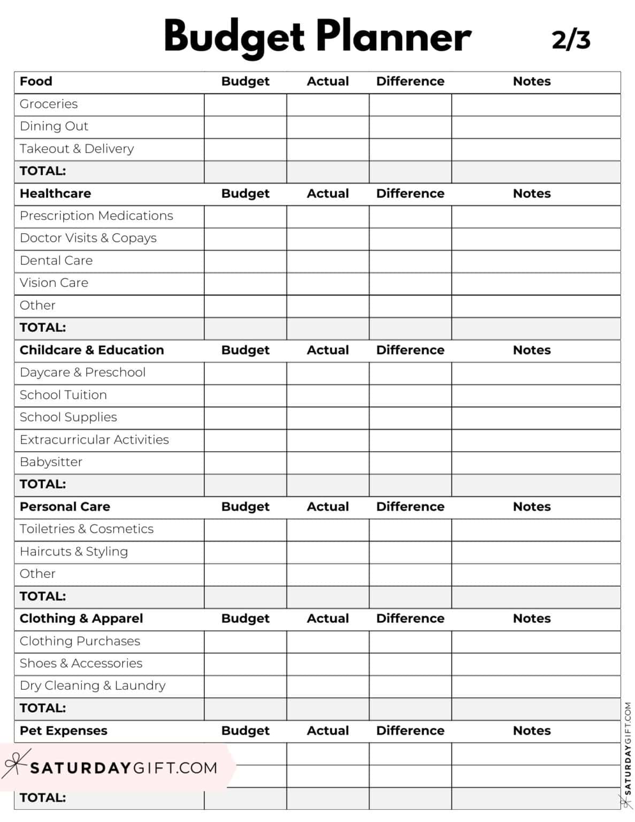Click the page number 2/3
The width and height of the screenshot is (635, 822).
571,40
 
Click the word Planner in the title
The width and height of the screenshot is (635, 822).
393,36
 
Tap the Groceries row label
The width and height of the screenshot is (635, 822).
49,104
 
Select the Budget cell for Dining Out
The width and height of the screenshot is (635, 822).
246,127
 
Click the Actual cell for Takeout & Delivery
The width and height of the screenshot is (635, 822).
327,149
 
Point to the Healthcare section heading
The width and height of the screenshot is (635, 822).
55,193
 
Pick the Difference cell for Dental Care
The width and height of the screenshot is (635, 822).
410,261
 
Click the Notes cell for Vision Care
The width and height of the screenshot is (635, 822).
535,284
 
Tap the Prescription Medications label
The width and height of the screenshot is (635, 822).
96,216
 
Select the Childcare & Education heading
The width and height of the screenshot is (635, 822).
91,350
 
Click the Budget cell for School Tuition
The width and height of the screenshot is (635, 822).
246,395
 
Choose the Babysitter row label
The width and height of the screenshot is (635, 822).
51,462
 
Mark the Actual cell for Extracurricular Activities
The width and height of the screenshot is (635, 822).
327,440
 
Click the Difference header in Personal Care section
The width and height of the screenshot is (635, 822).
410,506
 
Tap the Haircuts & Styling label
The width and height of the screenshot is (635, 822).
74,551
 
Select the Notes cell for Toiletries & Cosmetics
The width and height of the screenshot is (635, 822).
535,529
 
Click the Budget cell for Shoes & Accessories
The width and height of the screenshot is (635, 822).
246,664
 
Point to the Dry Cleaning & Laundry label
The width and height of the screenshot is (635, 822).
93,686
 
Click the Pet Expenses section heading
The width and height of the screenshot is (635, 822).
63,730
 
